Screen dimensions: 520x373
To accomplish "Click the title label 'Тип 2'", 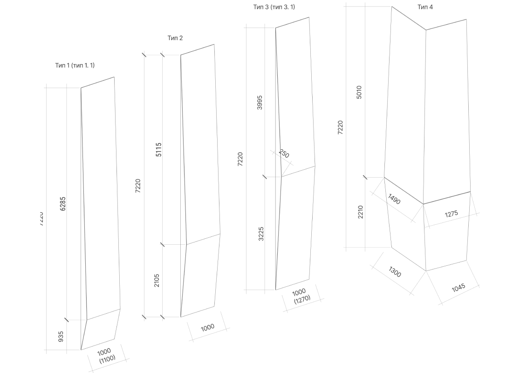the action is (175, 38).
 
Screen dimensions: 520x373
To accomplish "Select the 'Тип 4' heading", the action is (425, 7).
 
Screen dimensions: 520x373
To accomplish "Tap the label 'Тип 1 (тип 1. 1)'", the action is (75, 65).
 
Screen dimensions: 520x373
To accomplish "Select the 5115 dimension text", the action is (158, 149).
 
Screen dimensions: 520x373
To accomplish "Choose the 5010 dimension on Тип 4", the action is (359, 92).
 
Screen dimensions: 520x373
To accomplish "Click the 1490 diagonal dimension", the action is (394, 200).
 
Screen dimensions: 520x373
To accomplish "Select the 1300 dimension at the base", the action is (394, 272).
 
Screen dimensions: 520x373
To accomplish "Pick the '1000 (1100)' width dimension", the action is (107, 355).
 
